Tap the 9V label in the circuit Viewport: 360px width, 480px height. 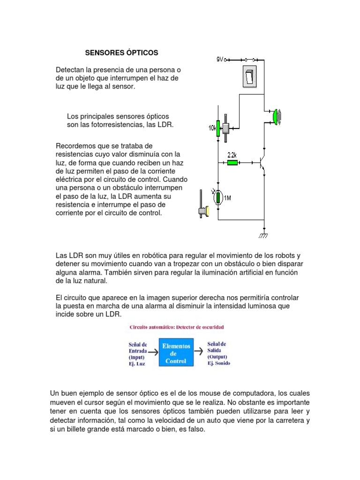[220, 60]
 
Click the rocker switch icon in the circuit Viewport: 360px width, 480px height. [250, 76]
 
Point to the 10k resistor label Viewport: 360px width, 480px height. [211, 127]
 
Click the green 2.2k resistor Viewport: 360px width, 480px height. [232, 163]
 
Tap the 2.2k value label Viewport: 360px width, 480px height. [232, 155]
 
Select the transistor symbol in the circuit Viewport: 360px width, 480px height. [262, 163]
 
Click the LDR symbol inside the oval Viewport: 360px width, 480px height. [218, 197]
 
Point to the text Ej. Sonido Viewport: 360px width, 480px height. [218, 363]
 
